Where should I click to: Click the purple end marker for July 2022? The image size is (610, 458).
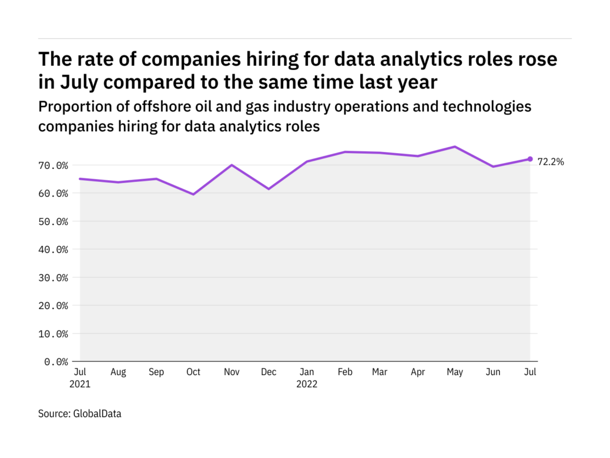click(529, 159)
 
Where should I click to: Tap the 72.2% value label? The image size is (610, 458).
click(551, 162)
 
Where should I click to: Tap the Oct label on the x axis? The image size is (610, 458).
click(193, 372)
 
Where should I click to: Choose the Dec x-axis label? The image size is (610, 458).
click(268, 372)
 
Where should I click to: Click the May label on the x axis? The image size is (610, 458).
click(454, 372)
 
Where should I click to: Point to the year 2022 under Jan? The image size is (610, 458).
click(307, 384)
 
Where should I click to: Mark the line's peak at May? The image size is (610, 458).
click(454, 147)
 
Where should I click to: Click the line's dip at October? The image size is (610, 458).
click(193, 194)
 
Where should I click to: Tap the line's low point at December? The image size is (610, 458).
click(268, 189)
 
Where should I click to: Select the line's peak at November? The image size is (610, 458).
click(231, 165)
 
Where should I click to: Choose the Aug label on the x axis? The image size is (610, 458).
click(118, 372)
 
